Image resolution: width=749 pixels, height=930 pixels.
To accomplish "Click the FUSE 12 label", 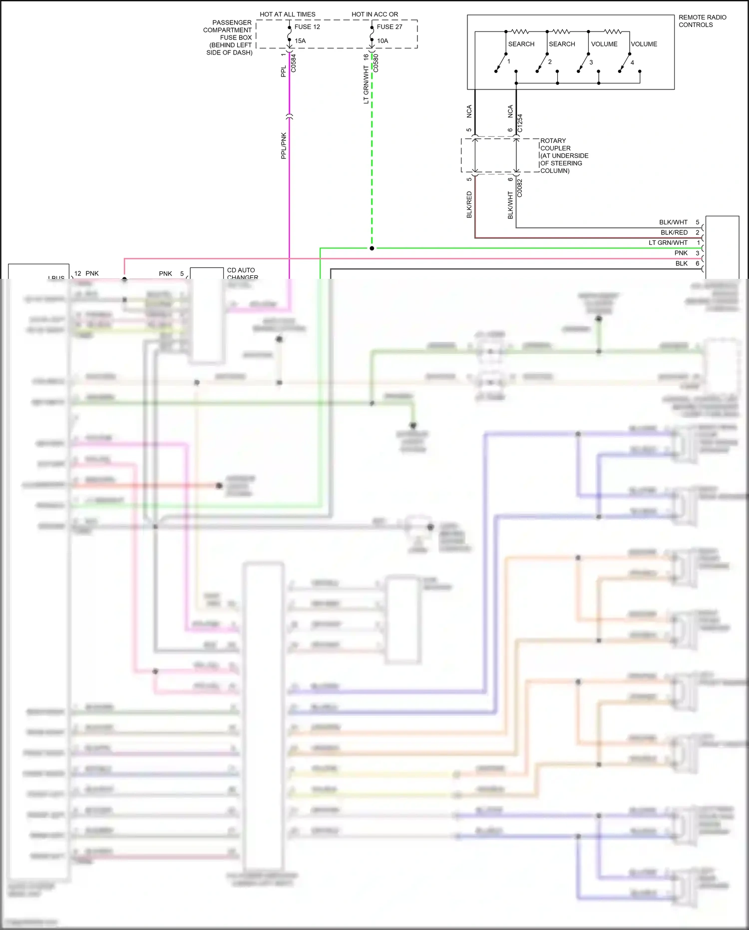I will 307,27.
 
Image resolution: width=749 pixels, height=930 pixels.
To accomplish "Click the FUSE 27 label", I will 389,27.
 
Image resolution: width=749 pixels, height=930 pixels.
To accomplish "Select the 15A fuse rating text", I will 300,41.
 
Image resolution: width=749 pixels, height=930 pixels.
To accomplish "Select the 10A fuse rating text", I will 382,41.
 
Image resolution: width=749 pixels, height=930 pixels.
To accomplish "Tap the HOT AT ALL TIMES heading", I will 288,14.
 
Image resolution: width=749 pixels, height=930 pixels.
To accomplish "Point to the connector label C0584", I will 294,63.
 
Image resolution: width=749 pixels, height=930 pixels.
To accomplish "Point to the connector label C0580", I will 376,63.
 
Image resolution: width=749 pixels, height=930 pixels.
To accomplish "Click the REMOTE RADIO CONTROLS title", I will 702,21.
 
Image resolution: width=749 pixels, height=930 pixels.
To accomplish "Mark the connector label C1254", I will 520,123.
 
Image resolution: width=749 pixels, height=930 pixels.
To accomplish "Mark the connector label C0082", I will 520,188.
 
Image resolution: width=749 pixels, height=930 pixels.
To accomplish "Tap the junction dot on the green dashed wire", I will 372,248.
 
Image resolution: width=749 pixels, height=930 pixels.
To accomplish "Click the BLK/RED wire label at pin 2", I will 674,232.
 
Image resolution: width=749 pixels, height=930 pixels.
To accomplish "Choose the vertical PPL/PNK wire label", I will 284,146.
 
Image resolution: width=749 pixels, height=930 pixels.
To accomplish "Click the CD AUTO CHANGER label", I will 242,274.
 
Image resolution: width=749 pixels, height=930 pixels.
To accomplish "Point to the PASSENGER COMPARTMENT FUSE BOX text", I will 229,37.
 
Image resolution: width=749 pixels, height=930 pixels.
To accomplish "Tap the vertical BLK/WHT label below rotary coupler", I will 510,205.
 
